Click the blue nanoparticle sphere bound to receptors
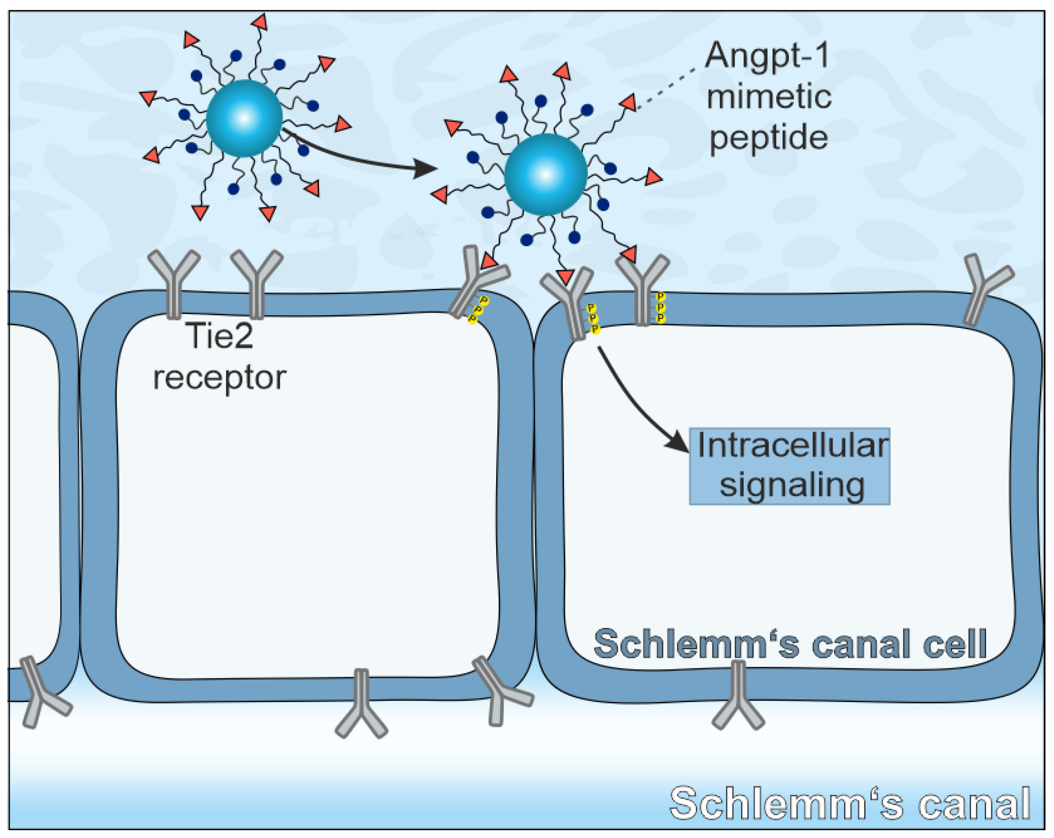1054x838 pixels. (545, 175)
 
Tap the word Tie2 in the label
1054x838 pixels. (221, 336)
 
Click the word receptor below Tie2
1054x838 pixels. (219, 378)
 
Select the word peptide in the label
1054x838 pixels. (768, 138)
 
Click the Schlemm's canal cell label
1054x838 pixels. (790, 645)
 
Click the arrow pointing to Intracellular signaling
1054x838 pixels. (635, 401)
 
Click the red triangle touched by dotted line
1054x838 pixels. (629, 102)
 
